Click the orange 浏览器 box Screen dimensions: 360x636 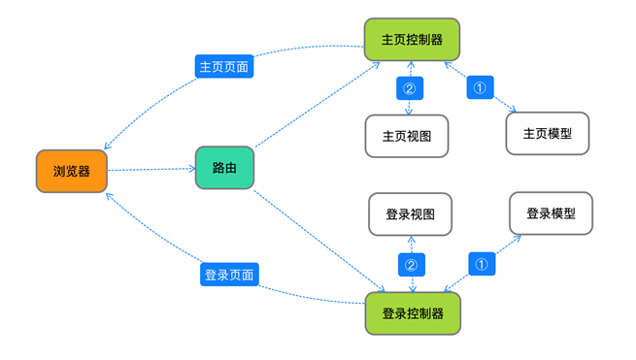click(72, 171)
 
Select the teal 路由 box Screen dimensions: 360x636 click(224, 168)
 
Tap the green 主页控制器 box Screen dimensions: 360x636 click(412, 41)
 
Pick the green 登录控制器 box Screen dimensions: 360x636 click(413, 313)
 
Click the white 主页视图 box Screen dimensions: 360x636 click(407, 136)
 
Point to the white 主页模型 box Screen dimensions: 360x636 click(548, 134)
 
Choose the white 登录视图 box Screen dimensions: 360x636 click(410, 213)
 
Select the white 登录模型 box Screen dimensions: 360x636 click(551, 213)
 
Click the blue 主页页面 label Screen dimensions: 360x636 click(224, 67)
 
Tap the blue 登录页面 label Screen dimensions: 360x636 click(229, 275)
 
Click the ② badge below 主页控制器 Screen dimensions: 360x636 click(410, 88)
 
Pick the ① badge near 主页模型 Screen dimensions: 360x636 click(480, 87)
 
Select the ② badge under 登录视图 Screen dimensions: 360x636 click(410, 263)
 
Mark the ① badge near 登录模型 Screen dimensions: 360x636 click(482, 262)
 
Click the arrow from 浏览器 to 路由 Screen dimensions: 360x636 click(151, 170)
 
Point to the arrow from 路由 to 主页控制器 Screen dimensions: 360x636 click(316, 105)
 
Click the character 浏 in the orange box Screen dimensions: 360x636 click(58, 172)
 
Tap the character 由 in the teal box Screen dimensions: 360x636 click(231, 168)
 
